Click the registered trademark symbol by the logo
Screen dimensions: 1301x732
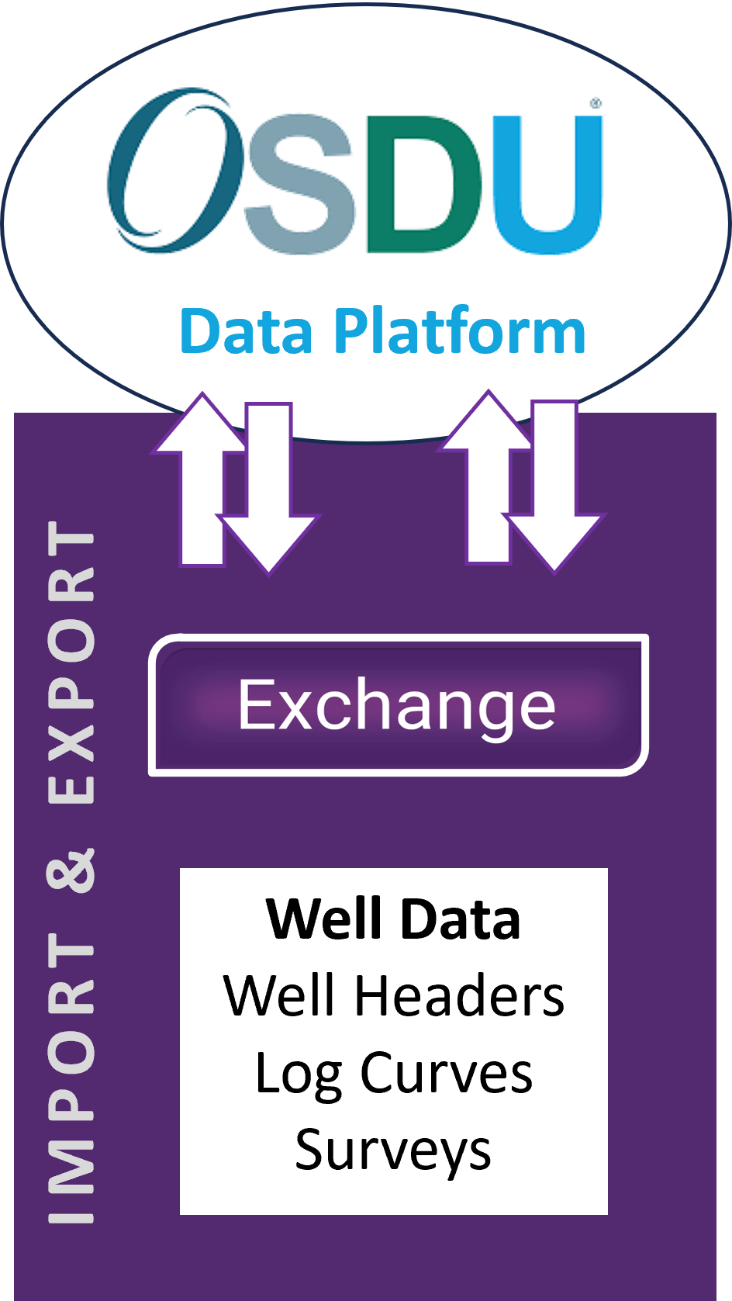point(596,102)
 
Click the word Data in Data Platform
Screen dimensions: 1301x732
point(247,332)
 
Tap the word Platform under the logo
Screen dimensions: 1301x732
point(459,332)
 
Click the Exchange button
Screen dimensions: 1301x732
point(398,704)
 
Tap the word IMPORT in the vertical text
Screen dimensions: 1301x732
point(71,1078)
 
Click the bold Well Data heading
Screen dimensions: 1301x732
point(393,919)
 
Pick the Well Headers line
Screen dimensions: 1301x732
point(393,996)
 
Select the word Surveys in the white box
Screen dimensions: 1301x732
point(393,1150)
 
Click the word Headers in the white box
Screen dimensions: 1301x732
point(459,996)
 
